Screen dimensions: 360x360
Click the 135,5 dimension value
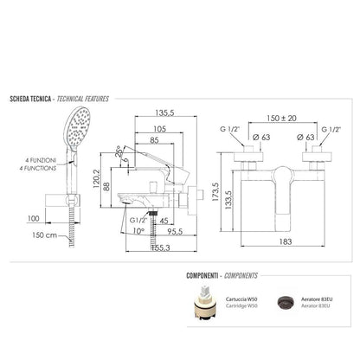coord(164,112)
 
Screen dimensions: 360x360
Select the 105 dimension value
coord(159,129)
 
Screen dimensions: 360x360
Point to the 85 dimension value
coord(154,140)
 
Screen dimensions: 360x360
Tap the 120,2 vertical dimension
coord(96,178)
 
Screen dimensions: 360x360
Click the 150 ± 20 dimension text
coord(281,118)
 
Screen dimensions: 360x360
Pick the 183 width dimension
coord(286,241)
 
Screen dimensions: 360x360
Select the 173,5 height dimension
coord(215,191)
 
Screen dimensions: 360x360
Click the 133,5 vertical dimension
coord(228,200)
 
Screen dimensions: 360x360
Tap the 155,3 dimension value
coord(161,247)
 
